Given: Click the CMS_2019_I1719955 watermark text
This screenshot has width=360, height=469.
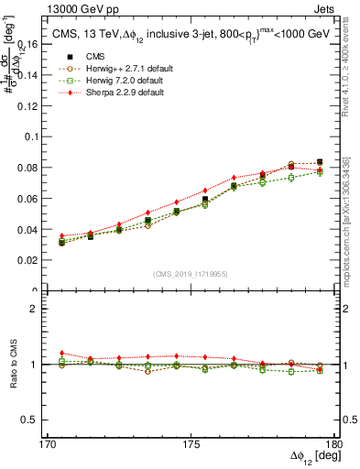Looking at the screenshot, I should [x=191, y=275].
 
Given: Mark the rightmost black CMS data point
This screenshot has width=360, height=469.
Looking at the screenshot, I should [x=320, y=162].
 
